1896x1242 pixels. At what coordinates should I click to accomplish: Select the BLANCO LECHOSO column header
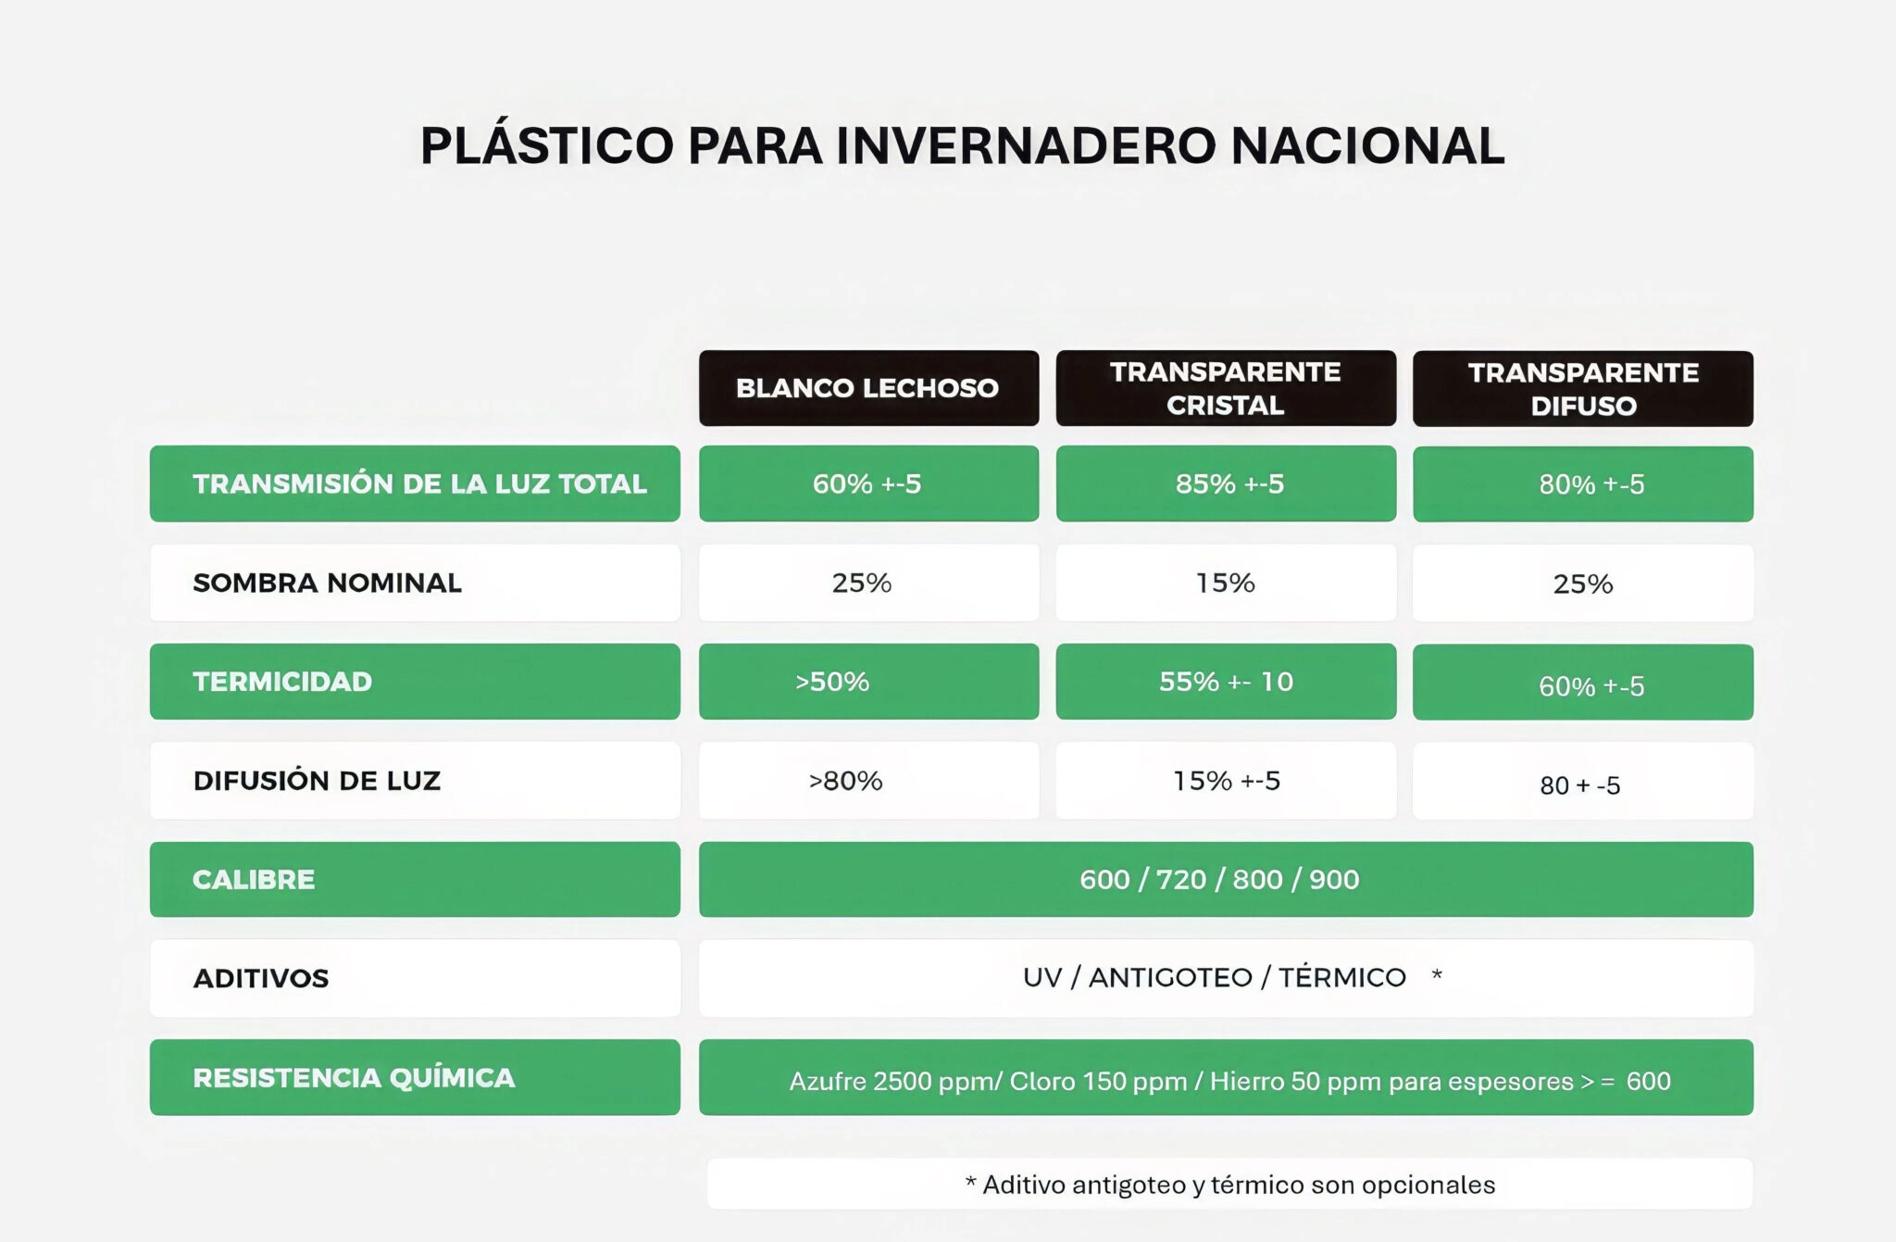[868, 388]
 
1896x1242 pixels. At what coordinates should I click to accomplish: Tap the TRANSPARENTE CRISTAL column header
[1226, 388]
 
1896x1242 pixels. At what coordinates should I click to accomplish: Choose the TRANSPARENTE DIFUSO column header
[1583, 389]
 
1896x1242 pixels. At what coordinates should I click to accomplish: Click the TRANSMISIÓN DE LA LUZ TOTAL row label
[415, 483]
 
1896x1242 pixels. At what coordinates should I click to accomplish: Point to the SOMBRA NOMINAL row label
[415, 583]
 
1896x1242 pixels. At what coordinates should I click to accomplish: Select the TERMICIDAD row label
[415, 682]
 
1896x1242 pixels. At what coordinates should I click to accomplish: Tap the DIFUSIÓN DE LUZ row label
[415, 781]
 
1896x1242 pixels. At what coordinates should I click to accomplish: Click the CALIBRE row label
[415, 879]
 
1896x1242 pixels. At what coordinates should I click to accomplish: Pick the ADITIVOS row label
[415, 978]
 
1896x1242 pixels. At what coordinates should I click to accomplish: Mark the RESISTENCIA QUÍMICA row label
[415, 1077]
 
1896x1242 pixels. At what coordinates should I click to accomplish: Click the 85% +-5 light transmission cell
[1226, 483]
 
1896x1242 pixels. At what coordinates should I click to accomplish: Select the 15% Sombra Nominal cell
[1226, 583]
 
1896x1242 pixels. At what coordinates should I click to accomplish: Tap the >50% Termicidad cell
[868, 682]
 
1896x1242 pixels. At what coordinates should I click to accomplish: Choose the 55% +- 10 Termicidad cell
[1226, 682]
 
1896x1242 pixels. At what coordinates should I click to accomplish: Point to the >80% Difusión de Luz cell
[868, 781]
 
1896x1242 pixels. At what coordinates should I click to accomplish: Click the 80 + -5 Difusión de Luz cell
[1583, 781]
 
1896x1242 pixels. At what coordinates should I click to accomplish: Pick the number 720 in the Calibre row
[1180, 879]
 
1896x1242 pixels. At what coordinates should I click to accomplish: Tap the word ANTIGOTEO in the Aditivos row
[1169, 977]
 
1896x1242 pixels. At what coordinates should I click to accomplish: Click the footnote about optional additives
[1229, 1185]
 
